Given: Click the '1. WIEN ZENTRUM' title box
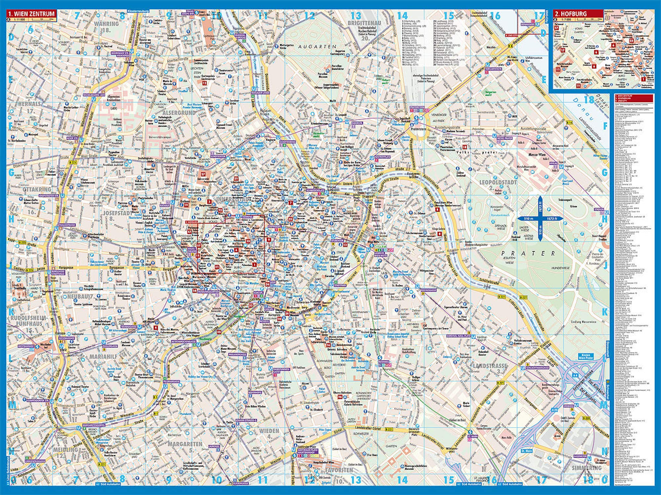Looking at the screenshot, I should [x=32, y=14].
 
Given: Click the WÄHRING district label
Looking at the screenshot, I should [x=106, y=24].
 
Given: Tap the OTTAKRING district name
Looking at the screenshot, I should [x=37, y=189].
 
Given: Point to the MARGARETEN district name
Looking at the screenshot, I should [x=185, y=444].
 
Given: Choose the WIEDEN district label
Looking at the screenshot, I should [x=269, y=431].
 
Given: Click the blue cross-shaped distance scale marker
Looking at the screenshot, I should [x=539, y=218].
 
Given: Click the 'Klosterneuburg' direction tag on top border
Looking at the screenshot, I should [x=136, y=11].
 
